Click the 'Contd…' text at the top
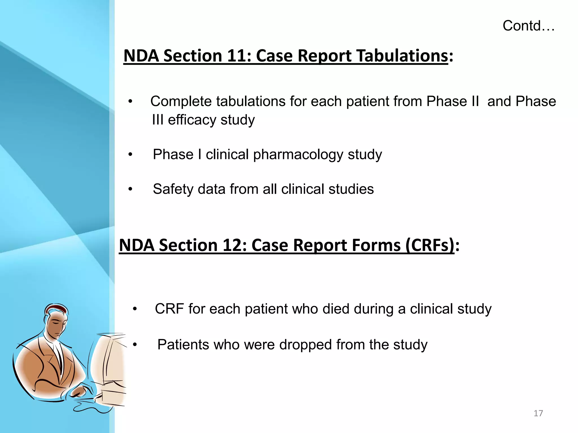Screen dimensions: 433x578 (x=528, y=26)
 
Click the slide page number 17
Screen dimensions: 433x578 (x=538, y=413)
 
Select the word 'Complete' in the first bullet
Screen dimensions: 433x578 (x=181, y=101)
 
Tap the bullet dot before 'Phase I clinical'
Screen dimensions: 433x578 (x=130, y=154)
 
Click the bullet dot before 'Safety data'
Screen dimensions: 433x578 (x=130, y=189)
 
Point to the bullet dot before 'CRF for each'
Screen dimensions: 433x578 (x=135, y=309)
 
